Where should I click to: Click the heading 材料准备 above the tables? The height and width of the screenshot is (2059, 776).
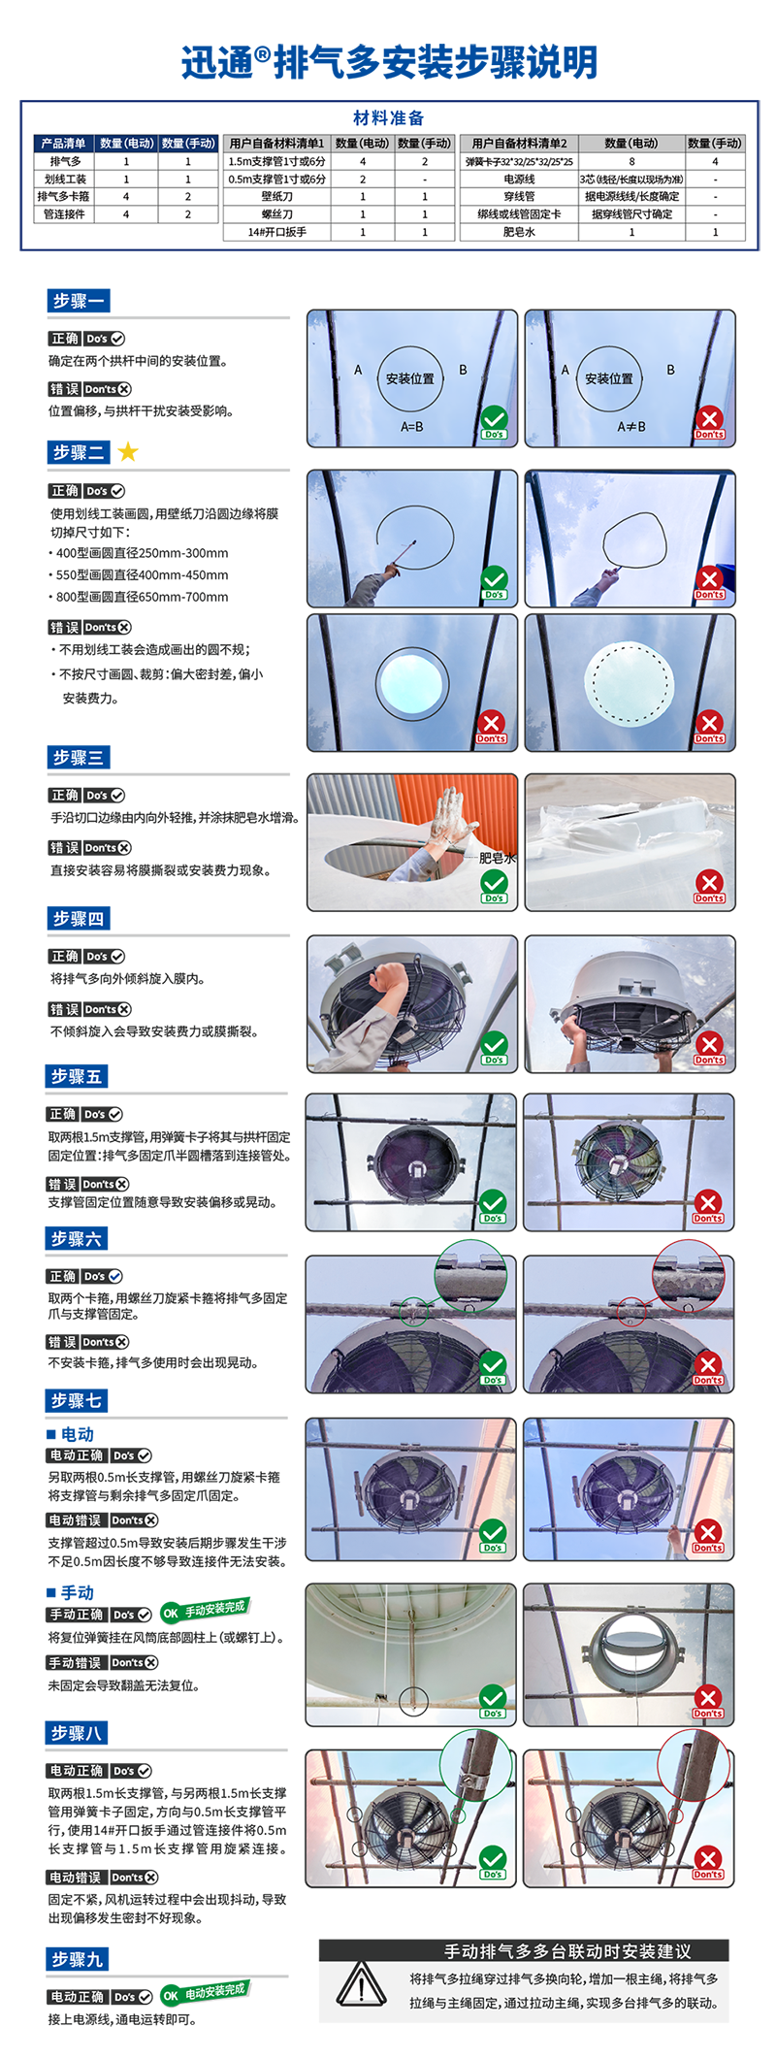[x=388, y=118]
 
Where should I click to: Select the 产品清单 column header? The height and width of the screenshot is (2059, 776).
[x=64, y=144]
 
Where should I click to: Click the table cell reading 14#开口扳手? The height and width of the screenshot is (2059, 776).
[x=276, y=232]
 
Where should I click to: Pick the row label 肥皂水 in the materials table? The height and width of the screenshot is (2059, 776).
[x=519, y=232]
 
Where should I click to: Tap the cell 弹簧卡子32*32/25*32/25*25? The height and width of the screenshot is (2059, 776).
[x=519, y=162]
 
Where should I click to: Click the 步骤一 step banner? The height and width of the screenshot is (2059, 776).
[x=78, y=301]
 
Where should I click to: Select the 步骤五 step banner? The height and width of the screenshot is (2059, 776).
[x=76, y=1076]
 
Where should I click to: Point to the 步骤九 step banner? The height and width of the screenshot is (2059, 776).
[x=77, y=1959]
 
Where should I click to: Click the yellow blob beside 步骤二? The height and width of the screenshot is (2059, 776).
[x=134, y=447]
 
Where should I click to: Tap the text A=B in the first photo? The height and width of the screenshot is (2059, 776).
[x=412, y=427]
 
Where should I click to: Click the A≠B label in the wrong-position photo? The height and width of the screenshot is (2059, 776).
[x=631, y=427]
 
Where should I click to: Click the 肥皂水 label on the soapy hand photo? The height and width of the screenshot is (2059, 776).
[x=497, y=858]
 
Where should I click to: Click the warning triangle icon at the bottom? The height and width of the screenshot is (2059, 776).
[x=361, y=1984]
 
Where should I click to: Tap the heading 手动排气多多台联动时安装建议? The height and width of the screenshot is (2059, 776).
[x=567, y=1951]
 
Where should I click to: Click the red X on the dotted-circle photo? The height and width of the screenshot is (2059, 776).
[x=709, y=723]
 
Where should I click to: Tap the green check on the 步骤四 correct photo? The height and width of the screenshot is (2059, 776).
[x=494, y=1044]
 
